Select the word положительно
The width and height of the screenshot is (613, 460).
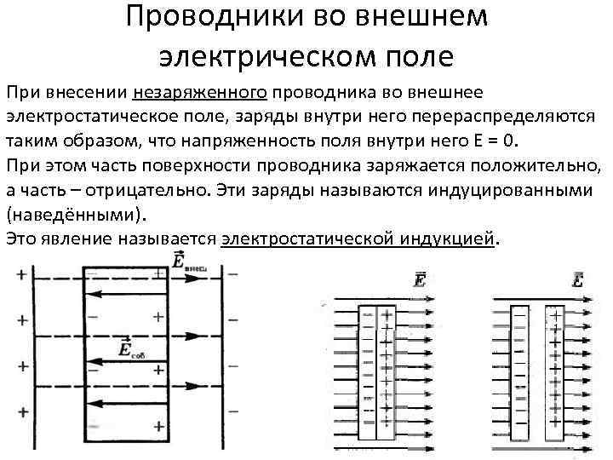(x=532, y=165)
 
